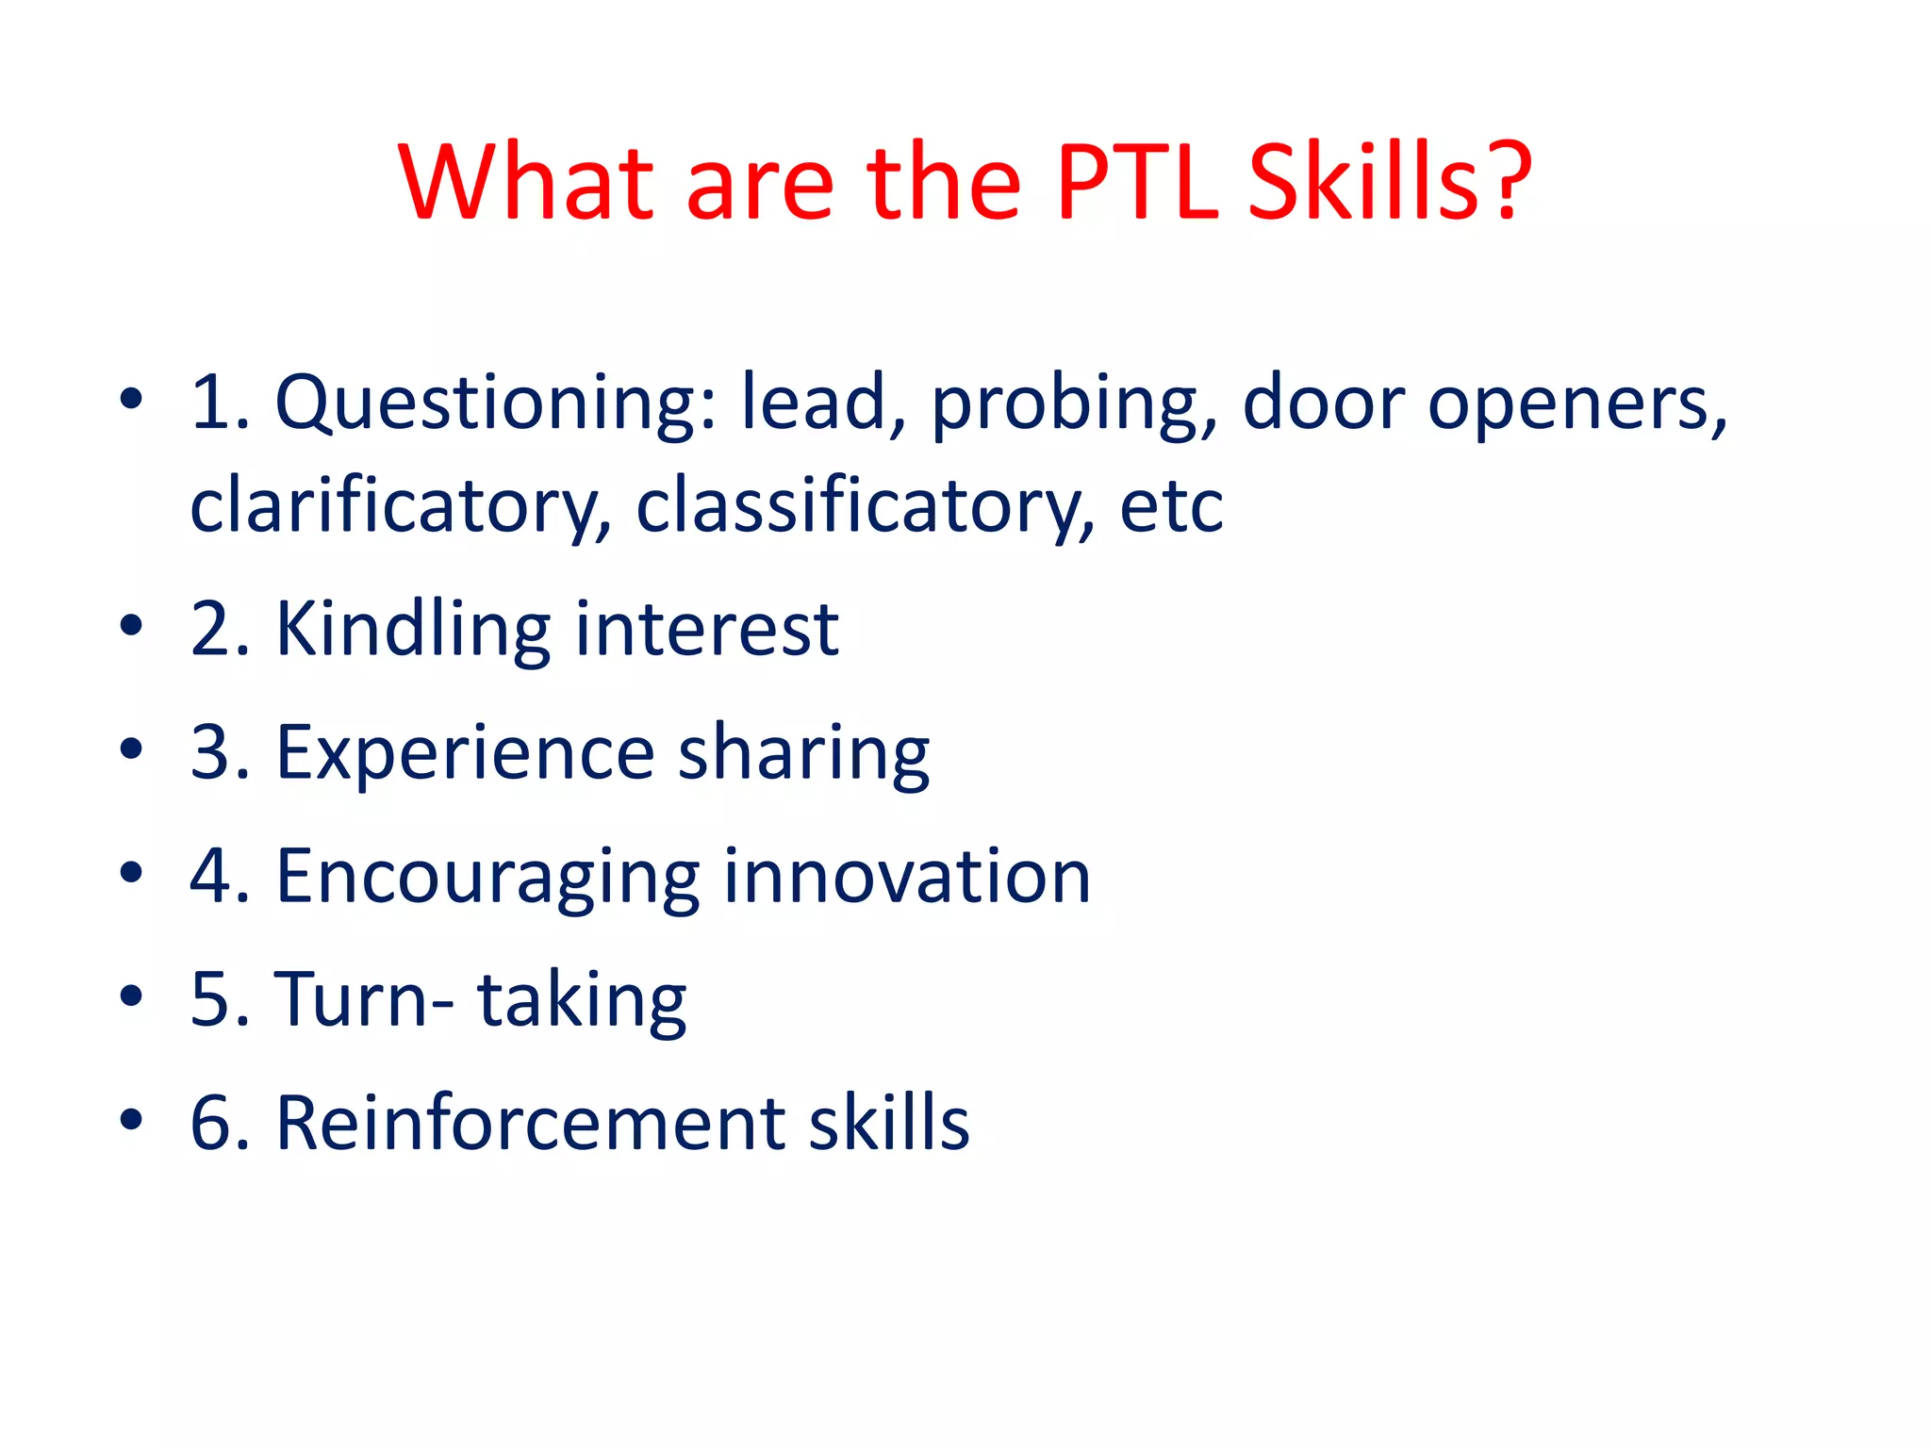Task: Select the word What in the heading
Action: pyautogui.click(x=525, y=183)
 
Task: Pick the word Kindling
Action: pyautogui.click(x=412, y=629)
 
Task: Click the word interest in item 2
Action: pyautogui.click(x=706, y=629)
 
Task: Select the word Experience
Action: pyautogui.click(x=465, y=753)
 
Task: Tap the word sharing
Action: pyautogui.click(x=803, y=753)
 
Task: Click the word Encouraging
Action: pyautogui.click(x=487, y=877)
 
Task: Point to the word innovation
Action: pyautogui.click(x=907, y=877)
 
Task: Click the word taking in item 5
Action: pyautogui.click(x=582, y=1000)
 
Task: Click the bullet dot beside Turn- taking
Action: pyautogui.click(x=131, y=995)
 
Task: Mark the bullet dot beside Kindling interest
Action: pyautogui.click(x=131, y=624)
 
